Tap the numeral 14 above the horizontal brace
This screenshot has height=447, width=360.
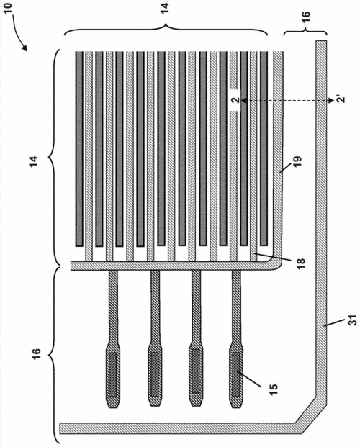pyautogui.click(x=165, y=8)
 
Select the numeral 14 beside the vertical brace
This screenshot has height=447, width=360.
pyautogui.click(x=35, y=161)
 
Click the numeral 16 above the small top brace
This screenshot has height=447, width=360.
pyautogui.click(x=305, y=17)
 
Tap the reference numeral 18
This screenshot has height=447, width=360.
pyautogui.click(x=301, y=263)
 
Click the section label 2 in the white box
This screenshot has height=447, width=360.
pyautogui.click(x=236, y=100)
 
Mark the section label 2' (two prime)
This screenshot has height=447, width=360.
pyautogui.click(x=341, y=99)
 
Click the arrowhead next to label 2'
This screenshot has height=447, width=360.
pyautogui.click(x=331, y=100)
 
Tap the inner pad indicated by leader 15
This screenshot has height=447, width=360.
pyautogui.click(x=235, y=374)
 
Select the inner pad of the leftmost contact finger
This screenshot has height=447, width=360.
pyautogui.click(x=112, y=374)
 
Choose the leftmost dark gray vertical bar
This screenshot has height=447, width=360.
pyautogui.click(x=79, y=148)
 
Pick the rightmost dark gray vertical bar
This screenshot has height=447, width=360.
pyautogui.click(x=264, y=148)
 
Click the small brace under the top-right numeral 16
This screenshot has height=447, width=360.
pyautogui.click(x=305, y=31)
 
